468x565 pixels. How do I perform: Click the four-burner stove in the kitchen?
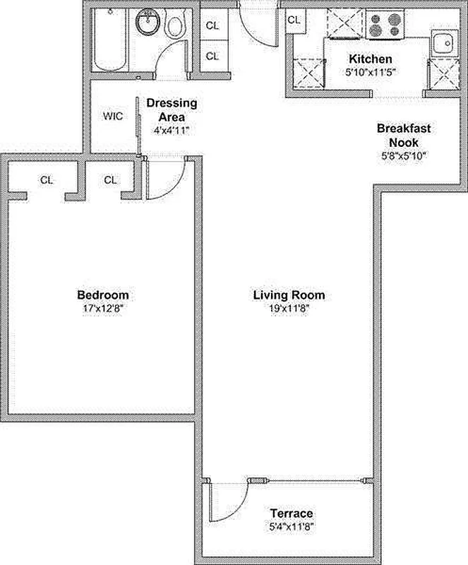[385, 25]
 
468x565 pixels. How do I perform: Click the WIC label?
[113, 116]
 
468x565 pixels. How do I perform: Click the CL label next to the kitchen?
[294, 20]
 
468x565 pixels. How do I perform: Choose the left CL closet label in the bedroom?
[47, 180]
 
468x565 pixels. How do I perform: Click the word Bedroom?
[103, 295]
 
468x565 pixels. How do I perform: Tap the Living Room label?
[283, 295]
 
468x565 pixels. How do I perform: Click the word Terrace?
[292, 513]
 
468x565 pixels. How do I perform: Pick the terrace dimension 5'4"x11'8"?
[292, 526]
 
